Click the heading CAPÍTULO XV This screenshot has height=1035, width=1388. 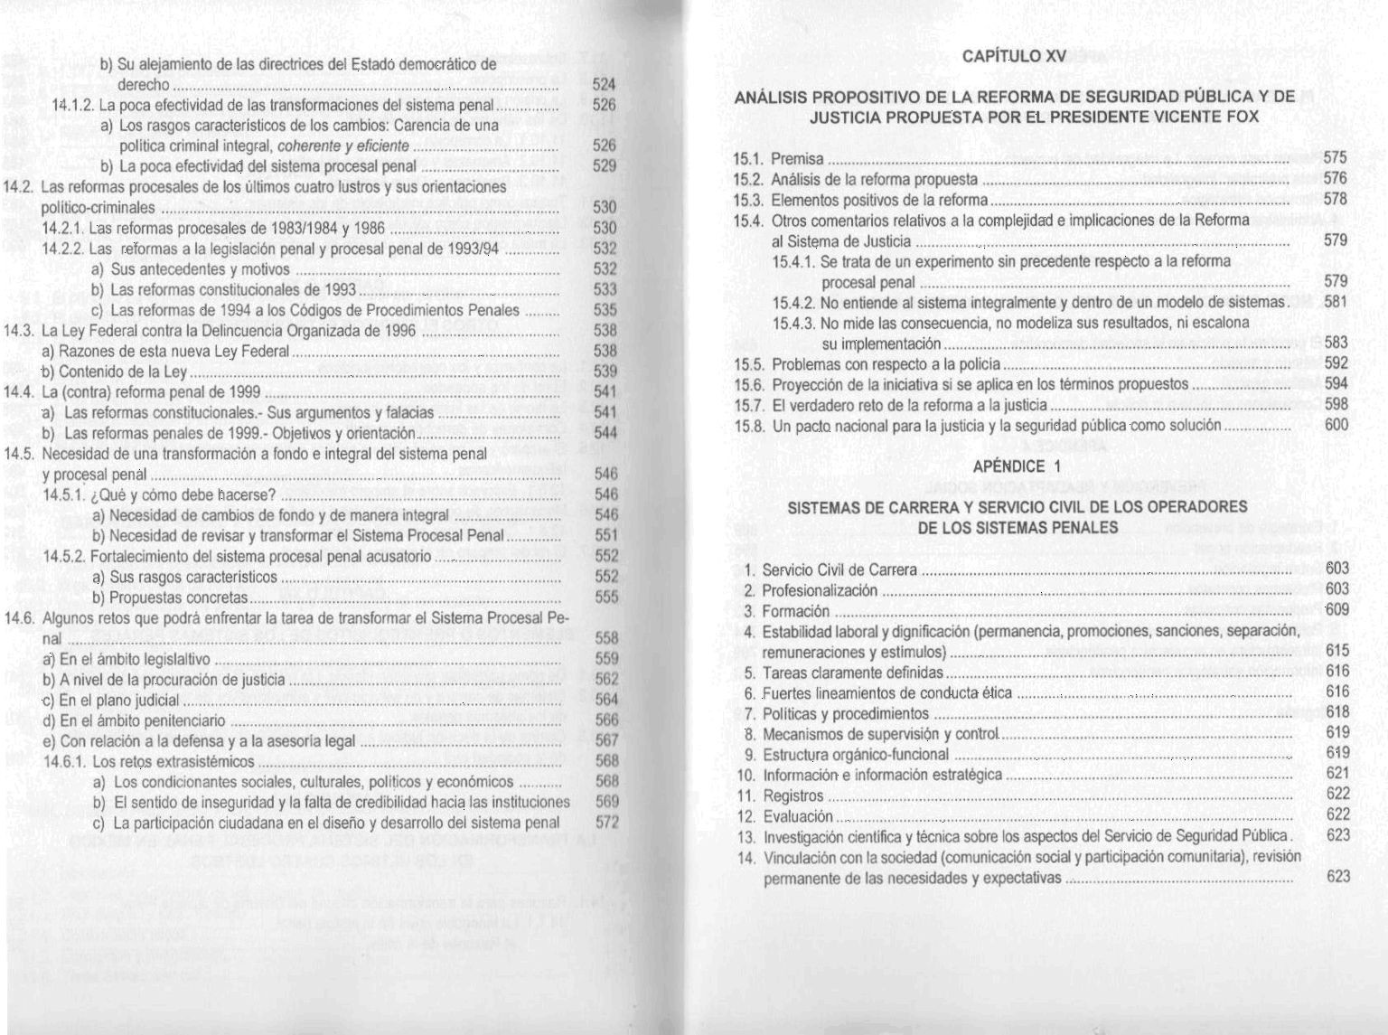click(x=1014, y=56)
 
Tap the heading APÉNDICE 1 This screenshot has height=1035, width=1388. click(x=1016, y=466)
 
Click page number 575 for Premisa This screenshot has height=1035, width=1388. click(x=1335, y=158)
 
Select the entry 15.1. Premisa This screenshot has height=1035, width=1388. click(x=777, y=159)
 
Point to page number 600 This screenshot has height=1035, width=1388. click(x=1336, y=425)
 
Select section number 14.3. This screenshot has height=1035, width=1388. click(x=20, y=330)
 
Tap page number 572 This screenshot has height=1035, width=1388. click(x=606, y=823)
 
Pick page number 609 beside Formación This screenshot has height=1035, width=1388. click(x=1336, y=609)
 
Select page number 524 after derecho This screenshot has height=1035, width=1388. click(x=604, y=84)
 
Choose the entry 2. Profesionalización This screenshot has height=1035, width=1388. click(x=809, y=590)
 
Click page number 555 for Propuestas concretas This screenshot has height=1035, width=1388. click(x=606, y=597)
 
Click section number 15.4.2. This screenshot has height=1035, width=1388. click(x=794, y=302)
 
